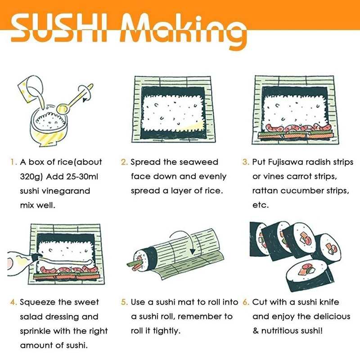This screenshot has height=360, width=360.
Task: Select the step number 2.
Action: [x=124, y=162]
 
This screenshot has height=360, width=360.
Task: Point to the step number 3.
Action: [x=245, y=162]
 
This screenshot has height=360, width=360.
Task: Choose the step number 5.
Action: [x=124, y=302]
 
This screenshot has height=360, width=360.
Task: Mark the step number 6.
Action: [x=245, y=302]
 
